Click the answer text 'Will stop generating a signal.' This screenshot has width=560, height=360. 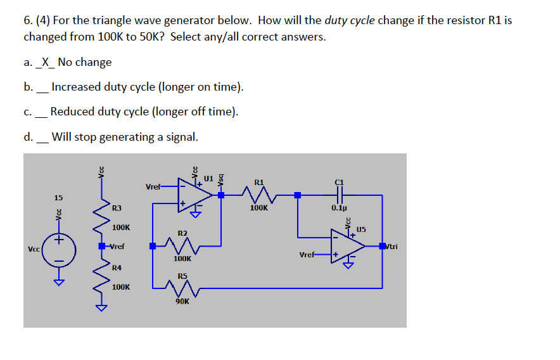point(125,137)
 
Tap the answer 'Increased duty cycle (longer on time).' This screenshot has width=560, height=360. point(147,87)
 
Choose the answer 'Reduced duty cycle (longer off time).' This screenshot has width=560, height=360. point(144,112)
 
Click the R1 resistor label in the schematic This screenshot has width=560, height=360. point(259,182)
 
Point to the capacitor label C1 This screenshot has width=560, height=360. point(339,182)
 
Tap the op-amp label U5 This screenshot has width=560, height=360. point(361,229)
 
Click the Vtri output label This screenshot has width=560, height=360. point(391,247)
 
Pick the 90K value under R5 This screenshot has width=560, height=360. point(182,302)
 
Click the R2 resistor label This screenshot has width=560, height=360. point(182,233)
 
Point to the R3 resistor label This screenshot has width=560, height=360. point(117,208)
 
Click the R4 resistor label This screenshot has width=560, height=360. point(117,267)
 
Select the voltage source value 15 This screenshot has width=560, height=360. point(58,198)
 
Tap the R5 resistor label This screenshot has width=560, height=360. point(182,276)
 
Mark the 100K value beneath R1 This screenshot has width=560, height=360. point(259,207)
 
